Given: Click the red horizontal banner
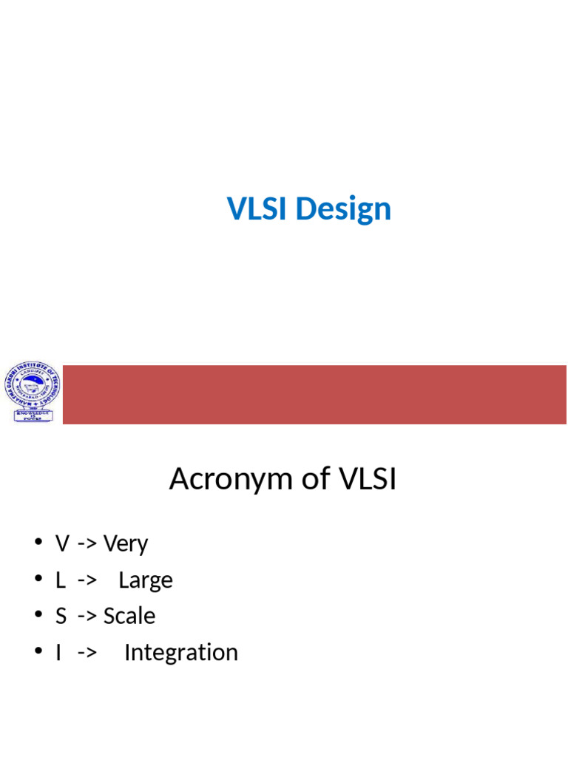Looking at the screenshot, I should (314, 395).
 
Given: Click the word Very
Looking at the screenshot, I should (126, 544).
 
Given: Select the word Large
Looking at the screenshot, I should (145, 580).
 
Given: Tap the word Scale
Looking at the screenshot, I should (129, 616).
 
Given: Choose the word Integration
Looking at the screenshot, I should (181, 653).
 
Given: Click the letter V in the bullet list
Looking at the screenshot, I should (62, 544).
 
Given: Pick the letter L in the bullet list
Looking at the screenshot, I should (60, 580).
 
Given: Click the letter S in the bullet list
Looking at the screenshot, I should (61, 616).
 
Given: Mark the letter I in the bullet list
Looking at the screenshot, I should (58, 653).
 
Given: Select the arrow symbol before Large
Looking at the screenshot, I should (87, 581).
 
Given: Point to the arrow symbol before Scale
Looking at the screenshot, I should (87, 617).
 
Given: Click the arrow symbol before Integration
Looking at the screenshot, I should (87, 654).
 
